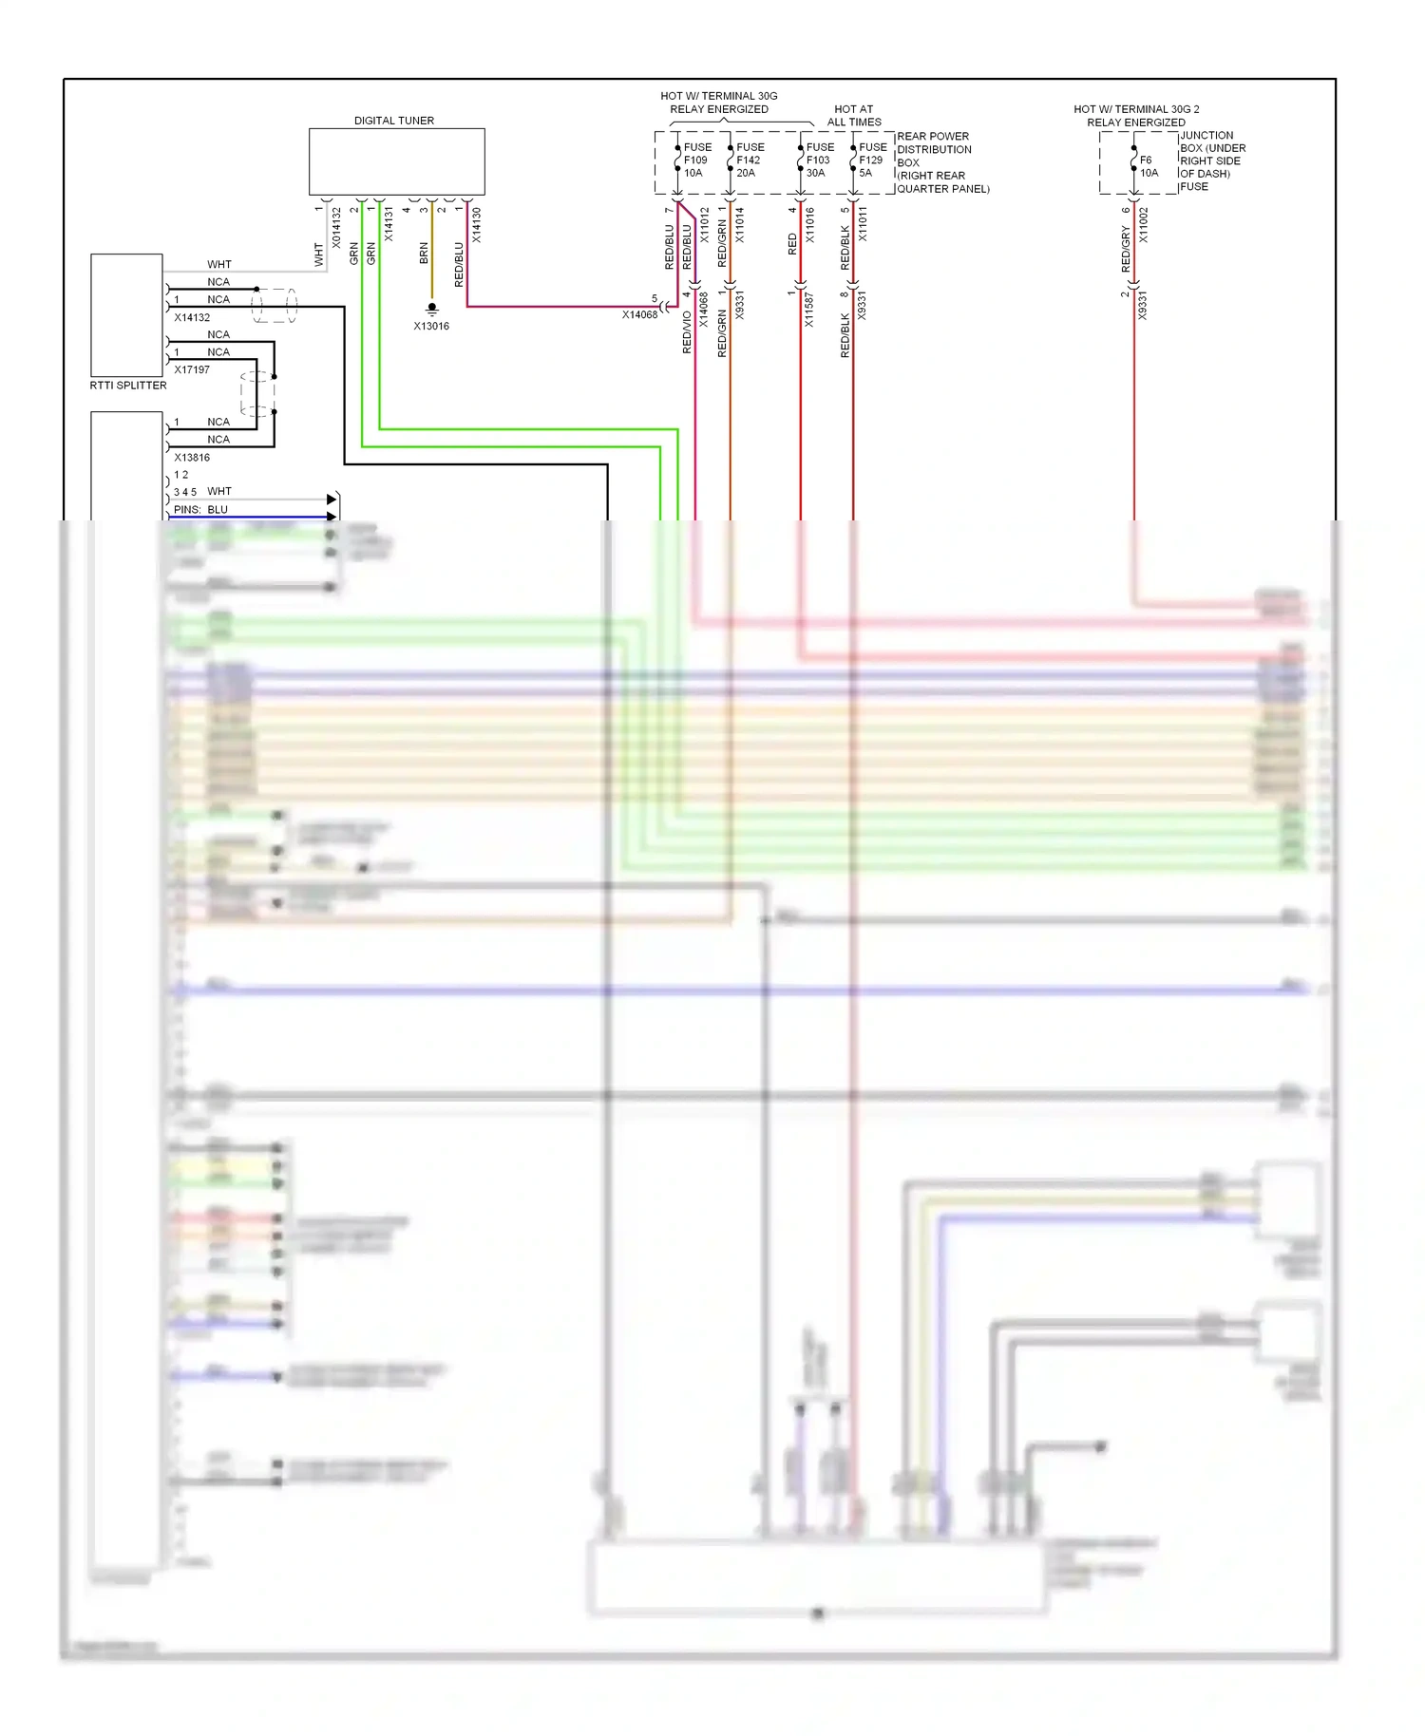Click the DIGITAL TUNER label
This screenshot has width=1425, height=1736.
[x=393, y=121]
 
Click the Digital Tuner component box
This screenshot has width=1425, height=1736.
[x=396, y=162]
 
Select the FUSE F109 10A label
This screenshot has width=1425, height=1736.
[x=696, y=160]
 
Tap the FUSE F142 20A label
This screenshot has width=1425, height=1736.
[x=750, y=160]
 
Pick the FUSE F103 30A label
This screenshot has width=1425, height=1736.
[x=819, y=160]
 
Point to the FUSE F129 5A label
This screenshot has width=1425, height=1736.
[x=872, y=160]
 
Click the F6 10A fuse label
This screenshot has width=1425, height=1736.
[x=1149, y=166]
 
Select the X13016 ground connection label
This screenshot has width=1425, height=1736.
[x=431, y=326]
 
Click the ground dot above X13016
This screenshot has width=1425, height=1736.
[x=432, y=308]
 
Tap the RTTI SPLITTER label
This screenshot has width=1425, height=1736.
[x=128, y=386]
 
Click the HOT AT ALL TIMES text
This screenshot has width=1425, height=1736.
[x=853, y=116]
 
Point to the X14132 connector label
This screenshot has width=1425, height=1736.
[x=192, y=317]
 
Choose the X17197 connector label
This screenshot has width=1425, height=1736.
[x=192, y=369]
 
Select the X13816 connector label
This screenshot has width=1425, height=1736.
[x=192, y=457]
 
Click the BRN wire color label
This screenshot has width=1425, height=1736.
[x=424, y=253]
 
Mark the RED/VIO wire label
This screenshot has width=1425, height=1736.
[x=687, y=332]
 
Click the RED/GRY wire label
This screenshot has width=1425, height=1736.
[x=1126, y=249]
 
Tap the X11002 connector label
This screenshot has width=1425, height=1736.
[x=1144, y=225]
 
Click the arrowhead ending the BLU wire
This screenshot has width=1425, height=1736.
[x=332, y=517]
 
